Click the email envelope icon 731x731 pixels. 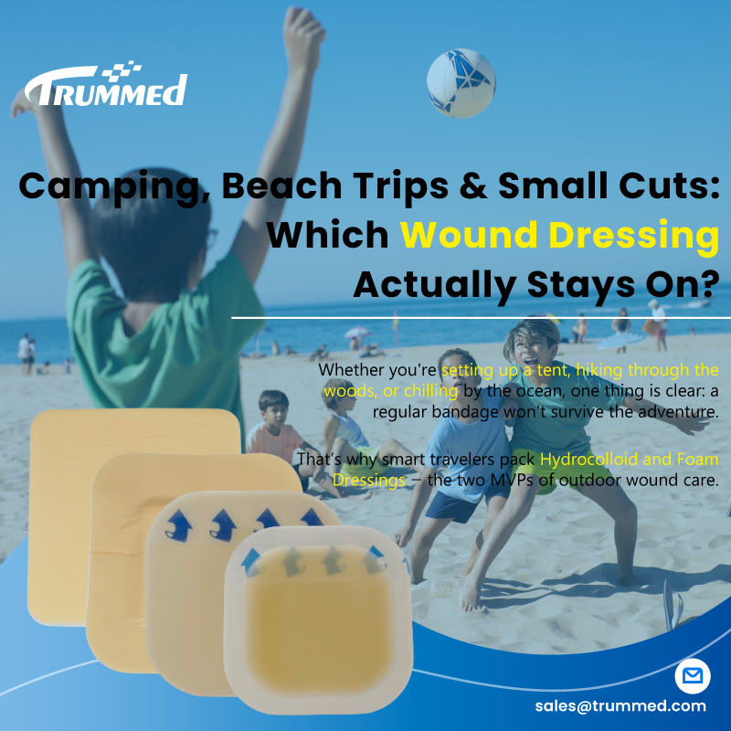pyautogui.click(x=692, y=677)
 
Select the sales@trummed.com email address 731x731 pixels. pyautogui.click(x=620, y=705)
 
